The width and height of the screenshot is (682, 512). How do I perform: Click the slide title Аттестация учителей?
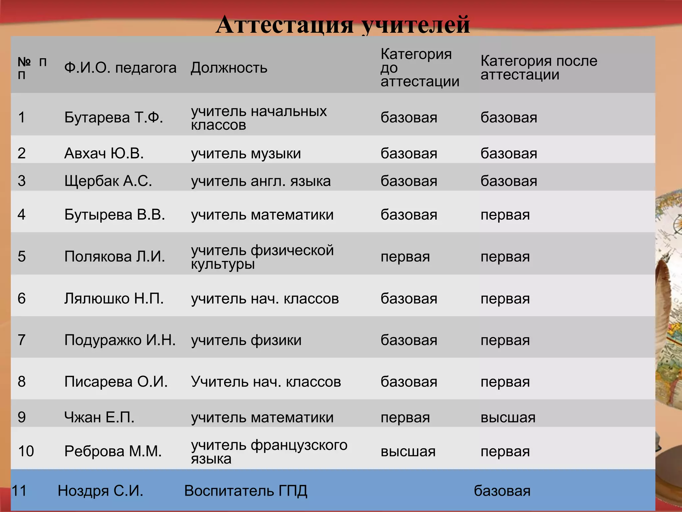[x=343, y=25]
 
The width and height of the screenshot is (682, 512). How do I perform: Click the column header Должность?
[x=229, y=68]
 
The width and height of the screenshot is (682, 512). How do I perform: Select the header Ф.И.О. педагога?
[x=120, y=68]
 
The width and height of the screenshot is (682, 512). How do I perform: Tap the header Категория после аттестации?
[x=538, y=68]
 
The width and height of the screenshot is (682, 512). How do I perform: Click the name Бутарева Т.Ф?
[x=114, y=118]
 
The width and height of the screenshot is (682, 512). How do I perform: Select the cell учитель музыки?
[x=246, y=154]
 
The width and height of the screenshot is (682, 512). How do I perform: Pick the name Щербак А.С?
[x=108, y=181]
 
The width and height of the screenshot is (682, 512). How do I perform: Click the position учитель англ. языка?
[x=261, y=181]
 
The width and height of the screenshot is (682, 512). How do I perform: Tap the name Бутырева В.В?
[x=115, y=215]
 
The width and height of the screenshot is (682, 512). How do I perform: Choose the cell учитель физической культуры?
[x=262, y=257]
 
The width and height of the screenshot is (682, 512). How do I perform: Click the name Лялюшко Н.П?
[x=114, y=299]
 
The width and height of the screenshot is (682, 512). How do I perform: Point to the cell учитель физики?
[x=246, y=340]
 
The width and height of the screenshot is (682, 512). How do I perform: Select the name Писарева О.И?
[x=116, y=382]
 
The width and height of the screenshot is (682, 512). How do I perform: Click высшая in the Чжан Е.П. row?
[x=508, y=417]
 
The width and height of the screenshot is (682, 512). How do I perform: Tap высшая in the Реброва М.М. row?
[x=408, y=452]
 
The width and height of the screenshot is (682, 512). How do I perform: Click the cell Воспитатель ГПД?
[x=245, y=491]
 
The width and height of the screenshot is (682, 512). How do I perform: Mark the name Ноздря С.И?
[x=100, y=491]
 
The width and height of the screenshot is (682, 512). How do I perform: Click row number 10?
[x=26, y=451]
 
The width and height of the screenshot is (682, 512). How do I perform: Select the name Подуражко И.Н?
[x=120, y=340]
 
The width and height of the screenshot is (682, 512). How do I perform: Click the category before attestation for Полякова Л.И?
[x=405, y=257]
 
